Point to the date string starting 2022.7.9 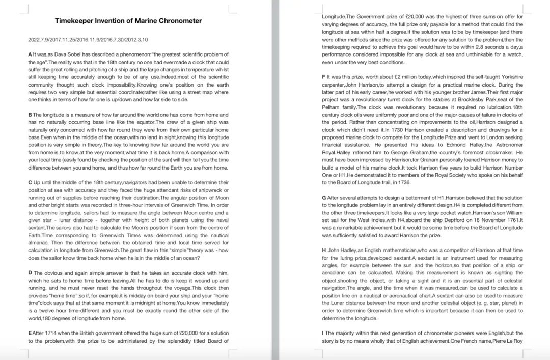pos(88,39)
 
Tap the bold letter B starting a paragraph pos(30,115)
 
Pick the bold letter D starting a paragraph pos(30,272)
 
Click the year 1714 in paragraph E pos(54,333)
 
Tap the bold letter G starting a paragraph pos(324,197)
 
